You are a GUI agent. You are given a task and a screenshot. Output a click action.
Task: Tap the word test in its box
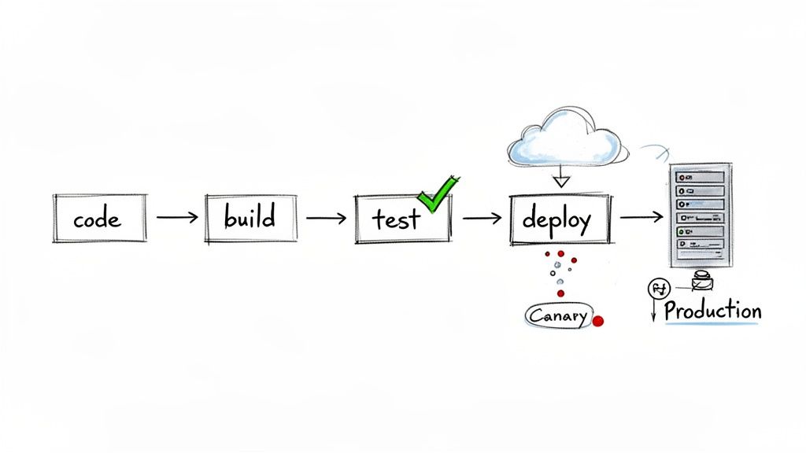coord(396,219)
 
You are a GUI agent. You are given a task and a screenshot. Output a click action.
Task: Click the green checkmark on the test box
coord(437,193)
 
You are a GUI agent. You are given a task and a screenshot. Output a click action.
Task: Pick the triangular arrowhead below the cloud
coord(560,181)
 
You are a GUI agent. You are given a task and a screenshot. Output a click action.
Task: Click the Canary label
coord(556,316)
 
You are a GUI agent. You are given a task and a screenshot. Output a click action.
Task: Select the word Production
coord(712,311)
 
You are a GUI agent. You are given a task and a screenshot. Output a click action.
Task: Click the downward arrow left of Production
coord(653,313)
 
